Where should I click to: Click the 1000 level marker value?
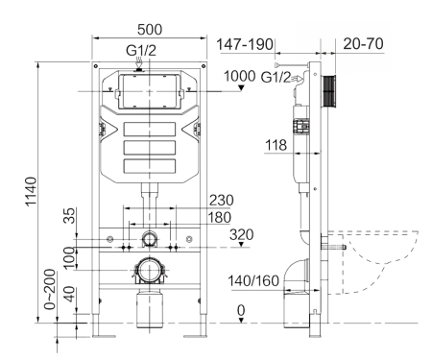[x=239, y=77]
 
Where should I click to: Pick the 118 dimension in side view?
[x=278, y=145]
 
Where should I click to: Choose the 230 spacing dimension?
[x=220, y=200]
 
